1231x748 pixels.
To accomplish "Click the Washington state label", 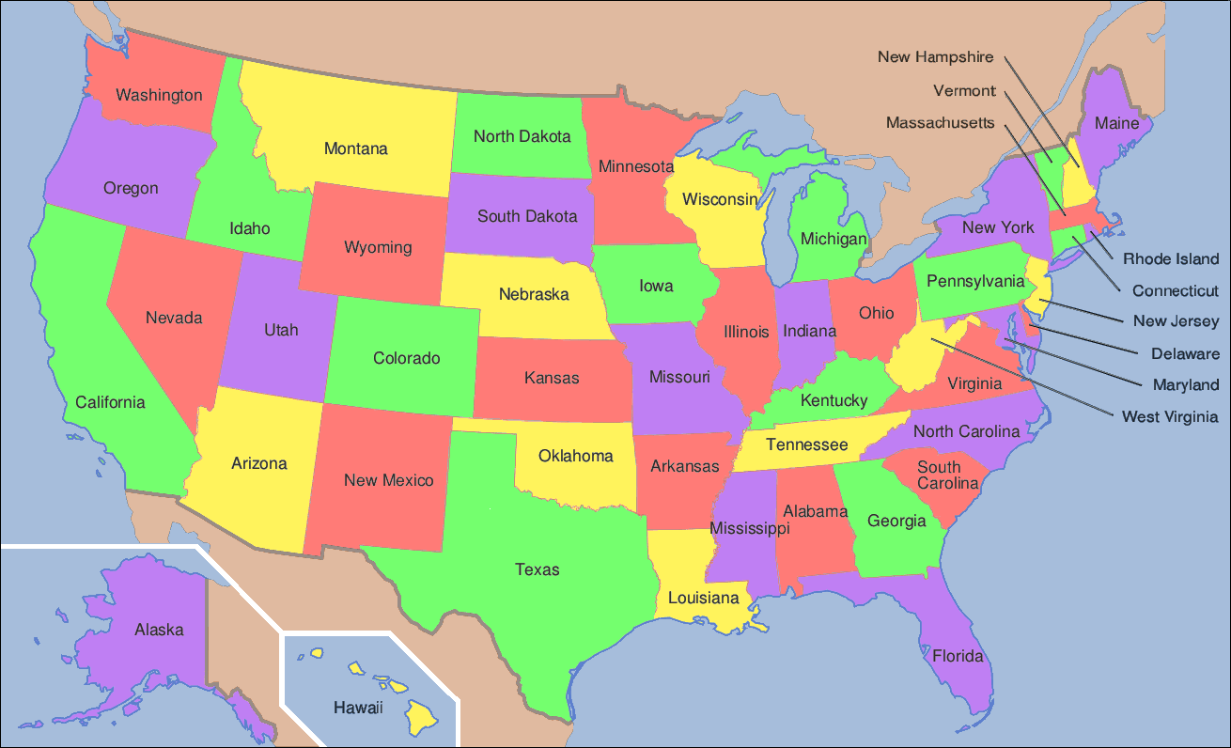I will click(159, 95).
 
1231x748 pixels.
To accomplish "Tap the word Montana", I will click(355, 148).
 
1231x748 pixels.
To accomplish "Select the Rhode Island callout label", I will click(1170, 259).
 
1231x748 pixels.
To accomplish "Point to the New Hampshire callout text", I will click(935, 57).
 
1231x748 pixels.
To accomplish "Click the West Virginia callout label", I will click(1169, 416).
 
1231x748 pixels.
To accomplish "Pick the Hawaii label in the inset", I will click(358, 708).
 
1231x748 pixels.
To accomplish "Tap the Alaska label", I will click(159, 630).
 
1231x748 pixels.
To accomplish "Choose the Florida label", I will click(958, 656).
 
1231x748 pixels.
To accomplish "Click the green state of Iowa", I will click(656, 286).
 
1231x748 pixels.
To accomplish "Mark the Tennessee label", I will click(806, 444).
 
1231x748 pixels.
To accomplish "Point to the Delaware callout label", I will click(1185, 354).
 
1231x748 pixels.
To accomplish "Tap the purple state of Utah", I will click(281, 330).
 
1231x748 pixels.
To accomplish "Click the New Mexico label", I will click(388, 480).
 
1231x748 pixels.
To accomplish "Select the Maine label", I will click(1116, 123).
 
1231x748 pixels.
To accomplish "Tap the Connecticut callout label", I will click(1175, 291).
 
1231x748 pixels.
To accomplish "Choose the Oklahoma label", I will click(575, 457).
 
